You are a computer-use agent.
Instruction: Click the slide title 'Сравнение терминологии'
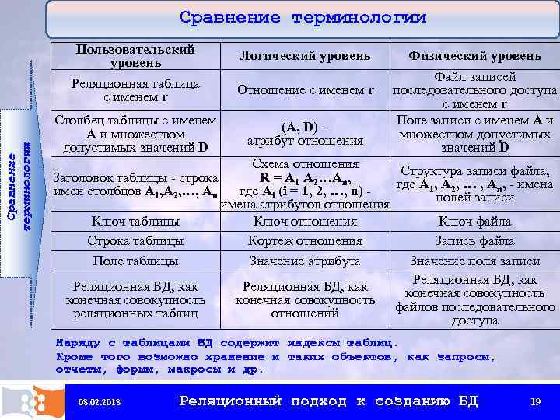(x=303, y=18)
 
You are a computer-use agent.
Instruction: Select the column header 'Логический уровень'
(x=305, y=56)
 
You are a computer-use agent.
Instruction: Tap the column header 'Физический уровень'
(x=475, y=56)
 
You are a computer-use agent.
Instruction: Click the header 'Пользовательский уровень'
(x=135, y=56)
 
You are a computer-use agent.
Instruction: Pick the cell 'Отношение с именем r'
(x=305, y=90)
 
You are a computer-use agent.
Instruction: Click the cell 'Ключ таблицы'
(x=135, y=222)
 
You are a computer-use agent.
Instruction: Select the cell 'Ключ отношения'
(x=305, y=222)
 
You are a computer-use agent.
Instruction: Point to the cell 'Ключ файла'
(x=474, y=222)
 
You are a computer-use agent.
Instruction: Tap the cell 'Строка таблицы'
(x=135, y=241)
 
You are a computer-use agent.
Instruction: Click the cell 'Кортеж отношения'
(x=305, y=241)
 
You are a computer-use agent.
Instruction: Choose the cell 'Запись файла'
(x=474, y=241)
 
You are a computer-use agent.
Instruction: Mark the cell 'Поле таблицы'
(x=135, y=261)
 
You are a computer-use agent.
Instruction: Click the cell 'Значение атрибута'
(x=305, y=261)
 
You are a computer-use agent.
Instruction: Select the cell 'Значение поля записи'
(x=474, y=261)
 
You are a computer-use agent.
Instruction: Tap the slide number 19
(x=535, y=401)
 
